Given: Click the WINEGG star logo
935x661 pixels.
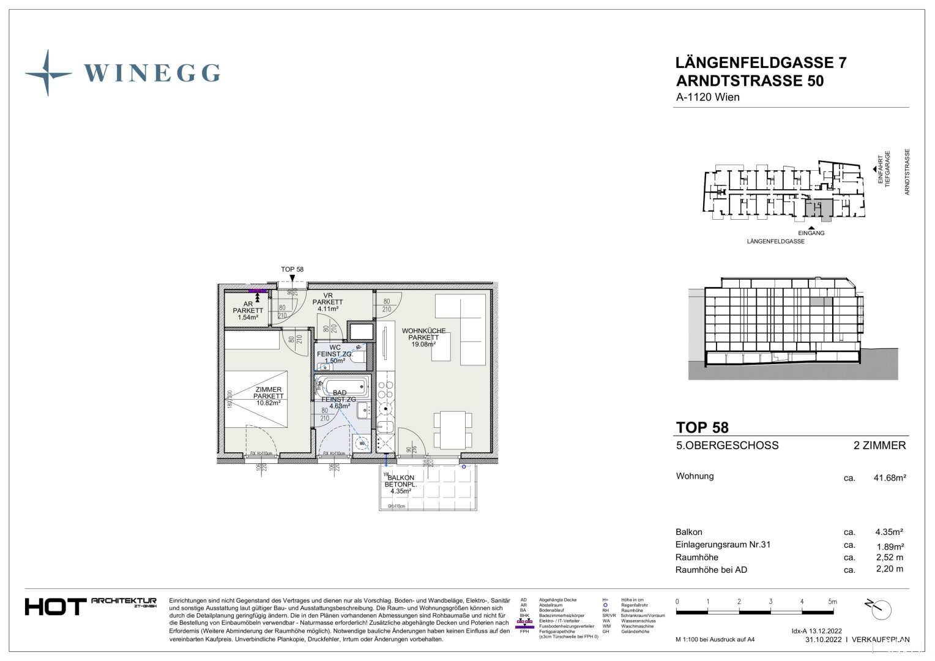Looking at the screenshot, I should tap(48, 73).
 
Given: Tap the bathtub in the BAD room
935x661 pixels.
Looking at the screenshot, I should tap(345, 386).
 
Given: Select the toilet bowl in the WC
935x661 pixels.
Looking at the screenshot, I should tap(357, 356).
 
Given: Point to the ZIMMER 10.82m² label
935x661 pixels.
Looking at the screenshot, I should tap(269, 396).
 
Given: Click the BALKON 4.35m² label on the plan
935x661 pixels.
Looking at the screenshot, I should tap(401, 484).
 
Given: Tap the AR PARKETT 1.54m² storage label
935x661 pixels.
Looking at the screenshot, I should tap(248, 310).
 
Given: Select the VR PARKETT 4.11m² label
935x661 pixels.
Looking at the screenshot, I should tap(328, 302).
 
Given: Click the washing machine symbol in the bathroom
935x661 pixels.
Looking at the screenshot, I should tap(362, 442).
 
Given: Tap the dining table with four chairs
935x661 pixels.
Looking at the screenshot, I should tap(453, 430).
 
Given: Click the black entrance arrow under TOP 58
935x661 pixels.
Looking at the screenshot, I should tap(292, 278).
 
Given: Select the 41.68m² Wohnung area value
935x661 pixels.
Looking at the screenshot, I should tap(889, 478).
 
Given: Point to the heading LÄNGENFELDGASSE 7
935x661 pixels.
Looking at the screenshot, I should tap(761, 63).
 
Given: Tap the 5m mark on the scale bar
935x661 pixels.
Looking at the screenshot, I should tap(832, 602).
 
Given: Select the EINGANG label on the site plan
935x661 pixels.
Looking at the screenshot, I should tap(811, 233).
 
